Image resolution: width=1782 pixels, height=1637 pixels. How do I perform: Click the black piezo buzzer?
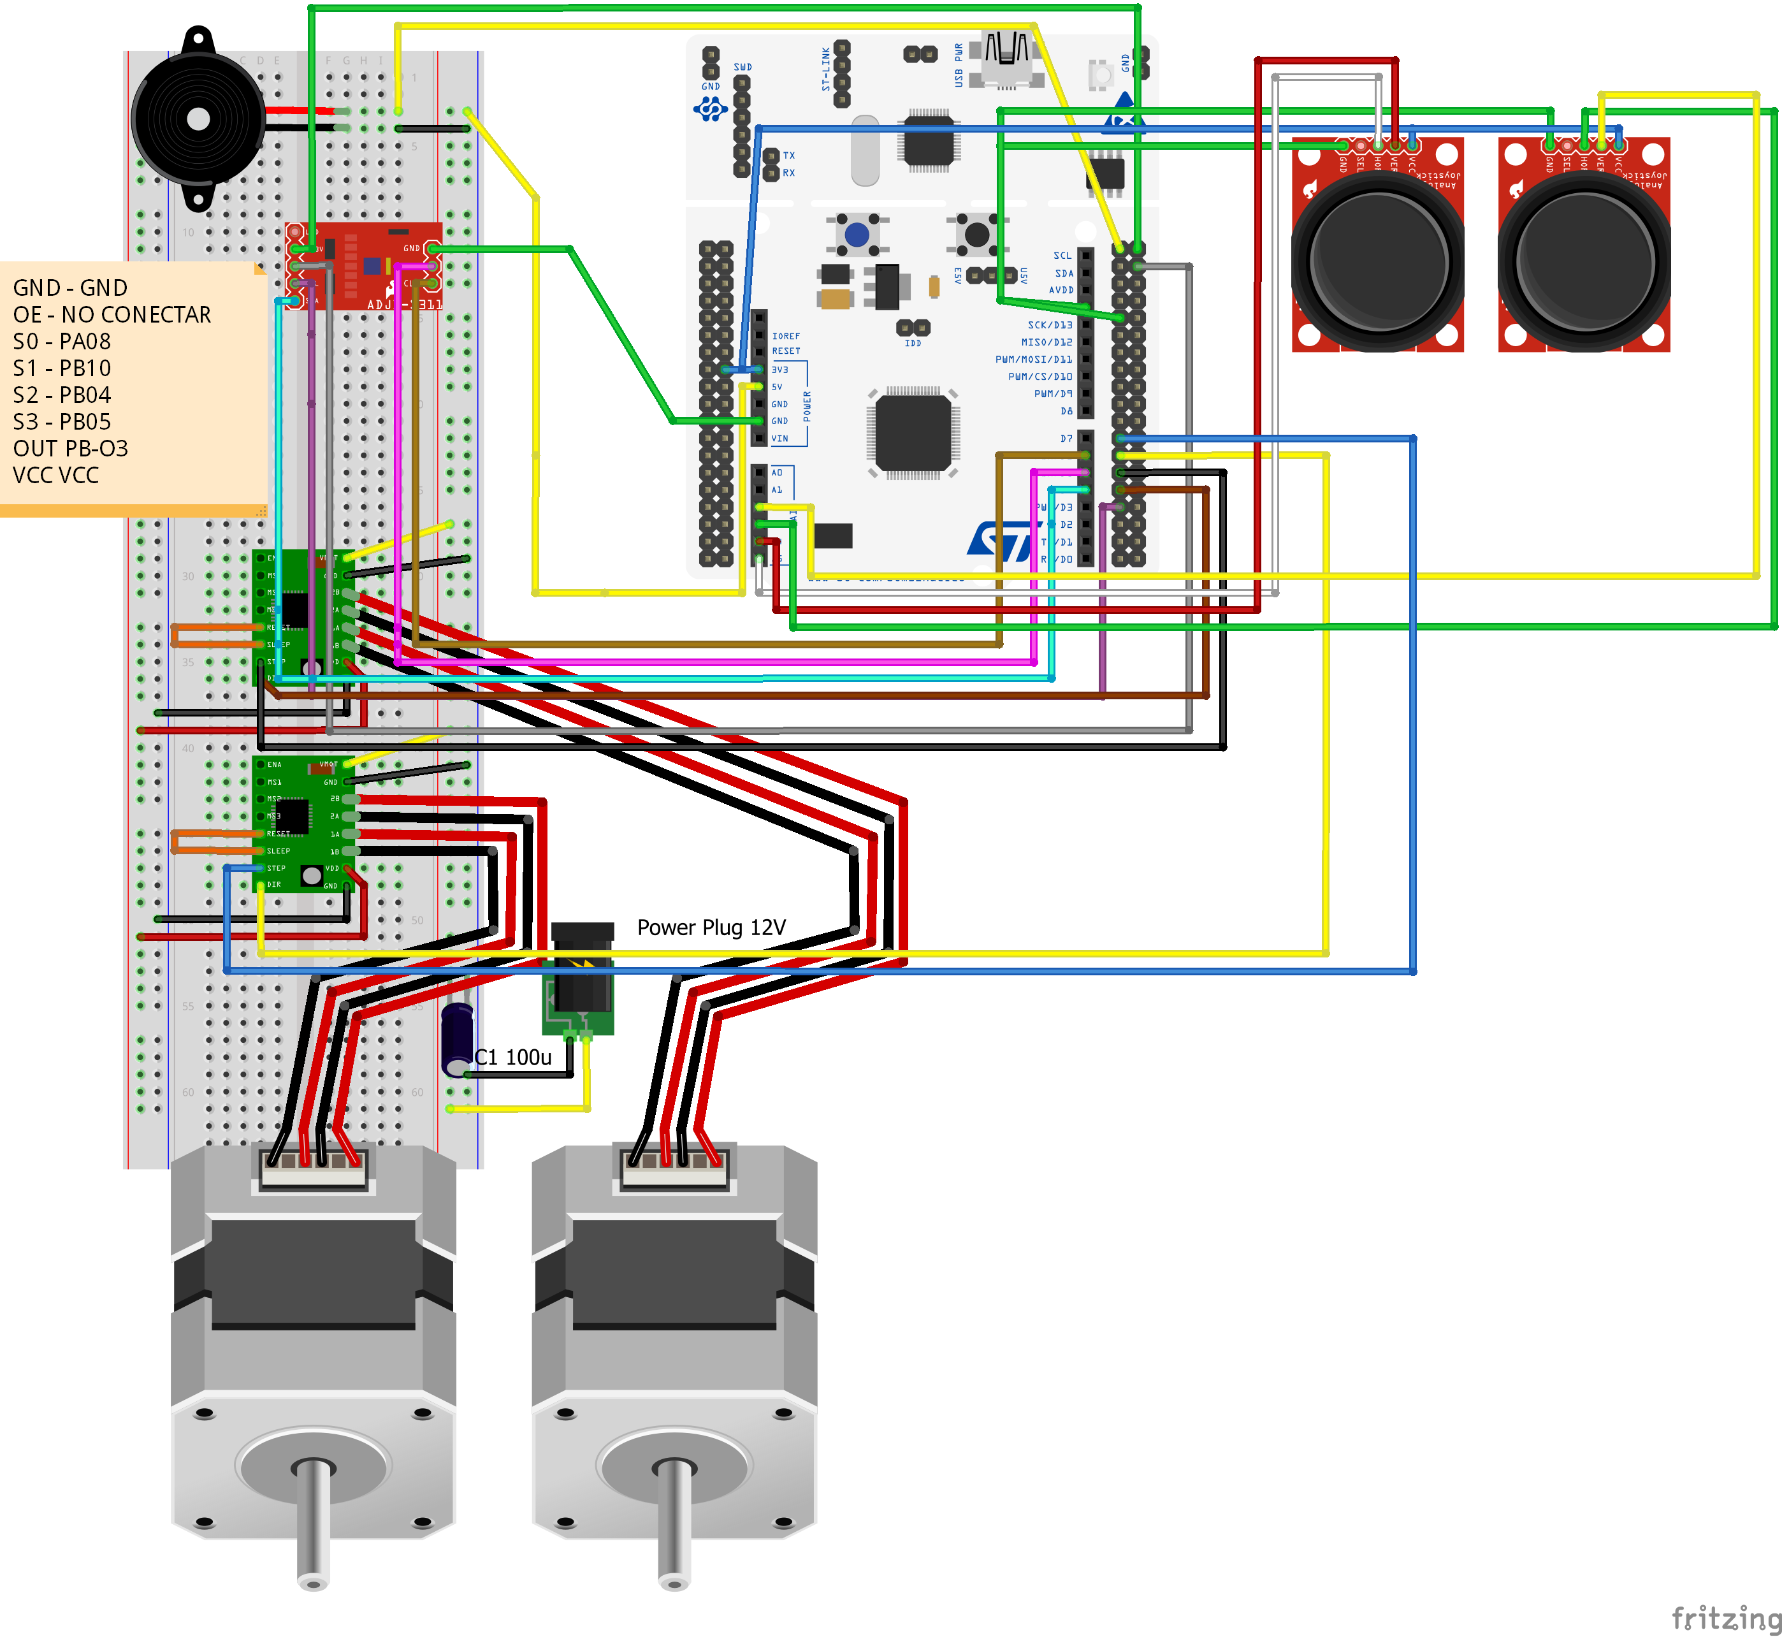point(198,119)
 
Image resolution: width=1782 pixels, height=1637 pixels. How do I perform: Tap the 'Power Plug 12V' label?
point(711,928)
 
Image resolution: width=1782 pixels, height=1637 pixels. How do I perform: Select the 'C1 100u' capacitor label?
point(513,1057)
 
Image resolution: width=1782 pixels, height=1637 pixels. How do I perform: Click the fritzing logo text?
point(1725,1617)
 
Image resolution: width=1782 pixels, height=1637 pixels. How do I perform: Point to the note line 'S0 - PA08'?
point(62,341)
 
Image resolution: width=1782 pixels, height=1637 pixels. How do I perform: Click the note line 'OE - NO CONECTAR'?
point(112,314)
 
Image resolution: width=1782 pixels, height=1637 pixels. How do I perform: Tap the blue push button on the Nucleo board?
point(857,235)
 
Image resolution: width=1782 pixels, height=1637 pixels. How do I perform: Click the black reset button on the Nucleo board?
point(976,235)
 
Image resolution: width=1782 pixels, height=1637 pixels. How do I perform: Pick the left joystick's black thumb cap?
point(1377,261)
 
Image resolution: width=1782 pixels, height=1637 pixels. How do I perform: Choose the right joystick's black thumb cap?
point(1584,261)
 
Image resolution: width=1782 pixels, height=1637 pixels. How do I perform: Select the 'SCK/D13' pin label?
point(1050,325)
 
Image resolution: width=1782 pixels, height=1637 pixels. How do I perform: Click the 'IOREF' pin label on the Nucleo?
point(786,336)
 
